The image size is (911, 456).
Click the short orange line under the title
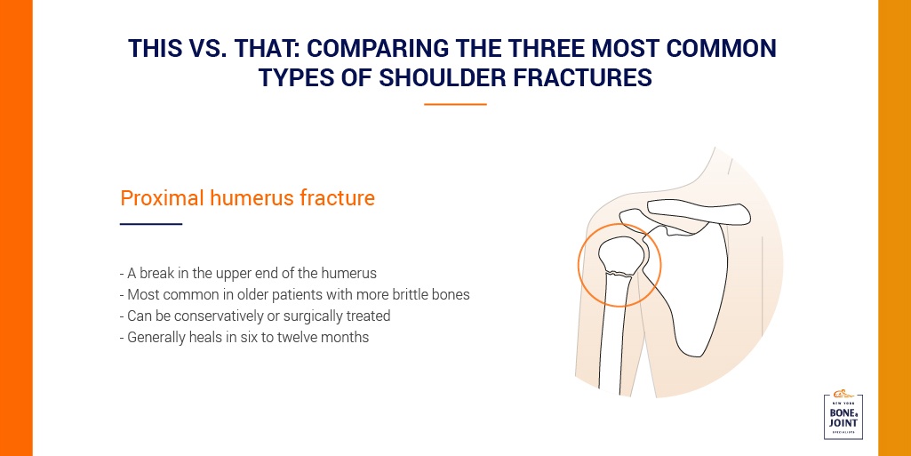click(x=455, y=105)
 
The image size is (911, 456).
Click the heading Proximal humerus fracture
click(x=247, y=198)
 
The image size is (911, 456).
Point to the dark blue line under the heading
click(x=151, y=224)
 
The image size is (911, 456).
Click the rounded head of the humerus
click(x=620, y=254)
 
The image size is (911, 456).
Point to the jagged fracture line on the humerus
click(x=619, y=273)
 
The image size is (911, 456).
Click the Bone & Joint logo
click(x=843, y=415)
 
